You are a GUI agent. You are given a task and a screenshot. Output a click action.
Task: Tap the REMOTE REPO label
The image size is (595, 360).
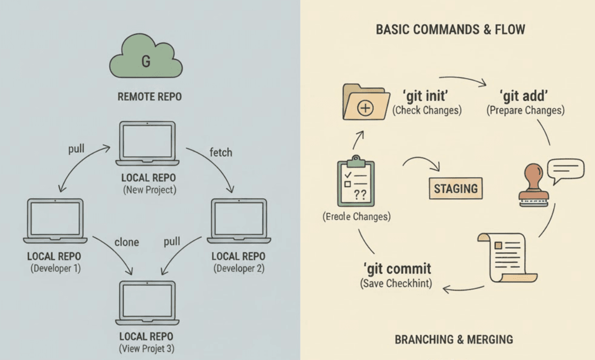tap(150, 97)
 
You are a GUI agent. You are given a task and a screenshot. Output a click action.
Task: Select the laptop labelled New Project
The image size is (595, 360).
tap(147, 143)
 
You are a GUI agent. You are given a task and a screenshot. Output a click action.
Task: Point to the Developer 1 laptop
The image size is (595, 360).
tap(55, 220)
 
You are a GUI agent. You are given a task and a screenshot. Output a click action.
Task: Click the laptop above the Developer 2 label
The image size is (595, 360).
tap(239, 220)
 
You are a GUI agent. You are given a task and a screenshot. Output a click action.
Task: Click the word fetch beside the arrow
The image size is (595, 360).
tap(221, 153)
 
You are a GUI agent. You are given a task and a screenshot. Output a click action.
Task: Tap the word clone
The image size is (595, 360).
tap(127, 242)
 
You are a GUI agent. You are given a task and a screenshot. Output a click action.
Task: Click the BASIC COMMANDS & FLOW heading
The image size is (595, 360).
tap(450, 30)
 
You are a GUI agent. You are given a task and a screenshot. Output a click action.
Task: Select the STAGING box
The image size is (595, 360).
tap(455, 188)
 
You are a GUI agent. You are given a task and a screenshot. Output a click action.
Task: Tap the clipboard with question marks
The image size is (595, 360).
tap(356, 182)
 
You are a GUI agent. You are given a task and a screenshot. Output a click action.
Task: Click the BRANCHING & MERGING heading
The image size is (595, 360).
tap(453, 339)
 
